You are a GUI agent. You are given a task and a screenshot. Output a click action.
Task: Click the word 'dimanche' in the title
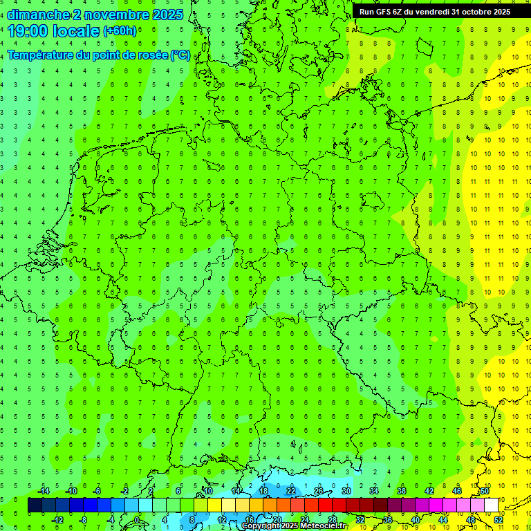38,15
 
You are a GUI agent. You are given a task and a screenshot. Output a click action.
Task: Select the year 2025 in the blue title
167,15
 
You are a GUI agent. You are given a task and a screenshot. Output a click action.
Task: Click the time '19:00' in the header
28,30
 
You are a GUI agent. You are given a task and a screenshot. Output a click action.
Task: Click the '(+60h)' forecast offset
120,31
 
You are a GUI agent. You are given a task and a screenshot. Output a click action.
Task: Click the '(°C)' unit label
180,55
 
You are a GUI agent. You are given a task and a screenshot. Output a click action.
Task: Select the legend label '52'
499,520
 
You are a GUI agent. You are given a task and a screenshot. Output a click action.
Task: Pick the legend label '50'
485,491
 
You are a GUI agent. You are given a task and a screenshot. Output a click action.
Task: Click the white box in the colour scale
492,505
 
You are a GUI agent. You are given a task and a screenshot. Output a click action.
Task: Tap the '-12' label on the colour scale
57,520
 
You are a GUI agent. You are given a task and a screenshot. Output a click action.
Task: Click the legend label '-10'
71,491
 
